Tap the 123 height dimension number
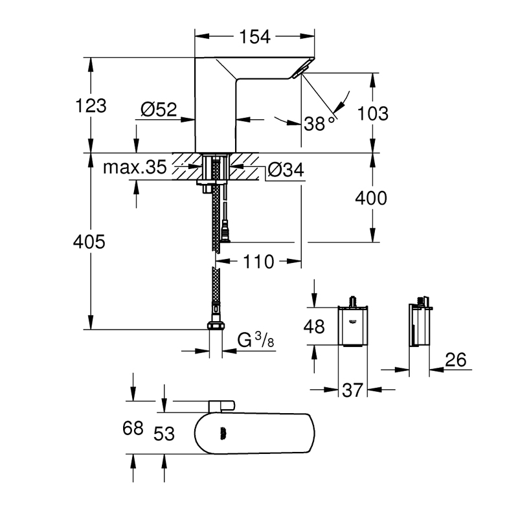coord(91,106)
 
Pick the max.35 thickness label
coord(135,168)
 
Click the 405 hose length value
coord(90,243)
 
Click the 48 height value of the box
coord(315,327)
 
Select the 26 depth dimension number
coord(456,360)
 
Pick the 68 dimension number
coord(133,429)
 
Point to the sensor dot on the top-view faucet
coord(225,434)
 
